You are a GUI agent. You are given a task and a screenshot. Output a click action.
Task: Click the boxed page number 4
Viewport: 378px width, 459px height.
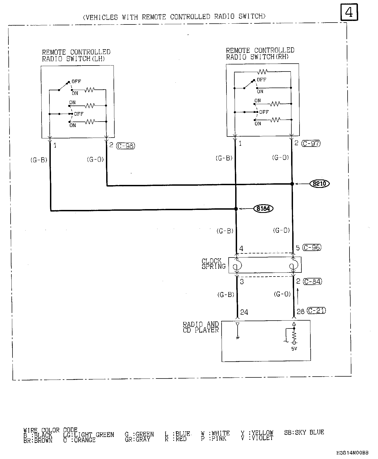(x=349, y=12)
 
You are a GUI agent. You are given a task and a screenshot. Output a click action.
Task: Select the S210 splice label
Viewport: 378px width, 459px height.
(x=319, y=184)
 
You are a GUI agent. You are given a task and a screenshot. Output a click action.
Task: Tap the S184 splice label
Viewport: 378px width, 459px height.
(x=263, y=209)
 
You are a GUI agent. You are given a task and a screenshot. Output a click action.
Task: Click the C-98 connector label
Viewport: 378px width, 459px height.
(x=126, y=146)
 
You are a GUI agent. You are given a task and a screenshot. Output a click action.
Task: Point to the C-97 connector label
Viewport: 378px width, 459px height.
(x=311, y=143)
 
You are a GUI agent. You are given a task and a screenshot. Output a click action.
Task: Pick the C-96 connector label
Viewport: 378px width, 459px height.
(x=312, y=247)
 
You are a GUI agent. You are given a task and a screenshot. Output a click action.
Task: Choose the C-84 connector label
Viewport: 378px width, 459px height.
(x=313, y=281)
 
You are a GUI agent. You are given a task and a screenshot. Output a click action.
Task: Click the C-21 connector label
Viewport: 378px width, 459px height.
(x=316, y=311)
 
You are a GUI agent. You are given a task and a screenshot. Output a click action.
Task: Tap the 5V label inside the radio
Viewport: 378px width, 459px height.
(x=294, y=349)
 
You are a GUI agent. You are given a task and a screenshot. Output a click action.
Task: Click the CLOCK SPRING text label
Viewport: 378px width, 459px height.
(x=213, y=264)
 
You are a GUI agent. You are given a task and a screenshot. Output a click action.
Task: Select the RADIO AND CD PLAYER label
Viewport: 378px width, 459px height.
(x=201, y=327)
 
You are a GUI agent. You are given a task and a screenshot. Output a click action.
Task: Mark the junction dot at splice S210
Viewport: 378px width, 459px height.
(x=292, y=184)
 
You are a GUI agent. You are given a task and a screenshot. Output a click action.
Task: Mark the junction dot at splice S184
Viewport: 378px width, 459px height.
(x=236, y=209)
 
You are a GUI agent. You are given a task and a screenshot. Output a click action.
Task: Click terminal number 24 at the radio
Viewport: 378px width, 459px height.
(x=244, y=312)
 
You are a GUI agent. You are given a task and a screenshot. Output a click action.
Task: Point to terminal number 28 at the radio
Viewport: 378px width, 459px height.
(x=301, y=312)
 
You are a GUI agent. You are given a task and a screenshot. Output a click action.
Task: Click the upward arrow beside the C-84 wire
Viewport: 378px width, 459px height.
(x=298, y=296)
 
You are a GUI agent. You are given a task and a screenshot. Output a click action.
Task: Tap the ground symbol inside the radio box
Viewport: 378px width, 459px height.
(x=238, y=338)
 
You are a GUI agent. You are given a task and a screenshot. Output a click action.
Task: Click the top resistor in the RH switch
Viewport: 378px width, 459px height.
(x=263, y=72)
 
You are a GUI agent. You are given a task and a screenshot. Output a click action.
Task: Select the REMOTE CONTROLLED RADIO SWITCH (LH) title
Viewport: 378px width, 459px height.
(x=76, y=55)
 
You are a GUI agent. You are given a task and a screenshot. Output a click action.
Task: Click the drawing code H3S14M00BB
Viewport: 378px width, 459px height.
(x=352, y=453)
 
